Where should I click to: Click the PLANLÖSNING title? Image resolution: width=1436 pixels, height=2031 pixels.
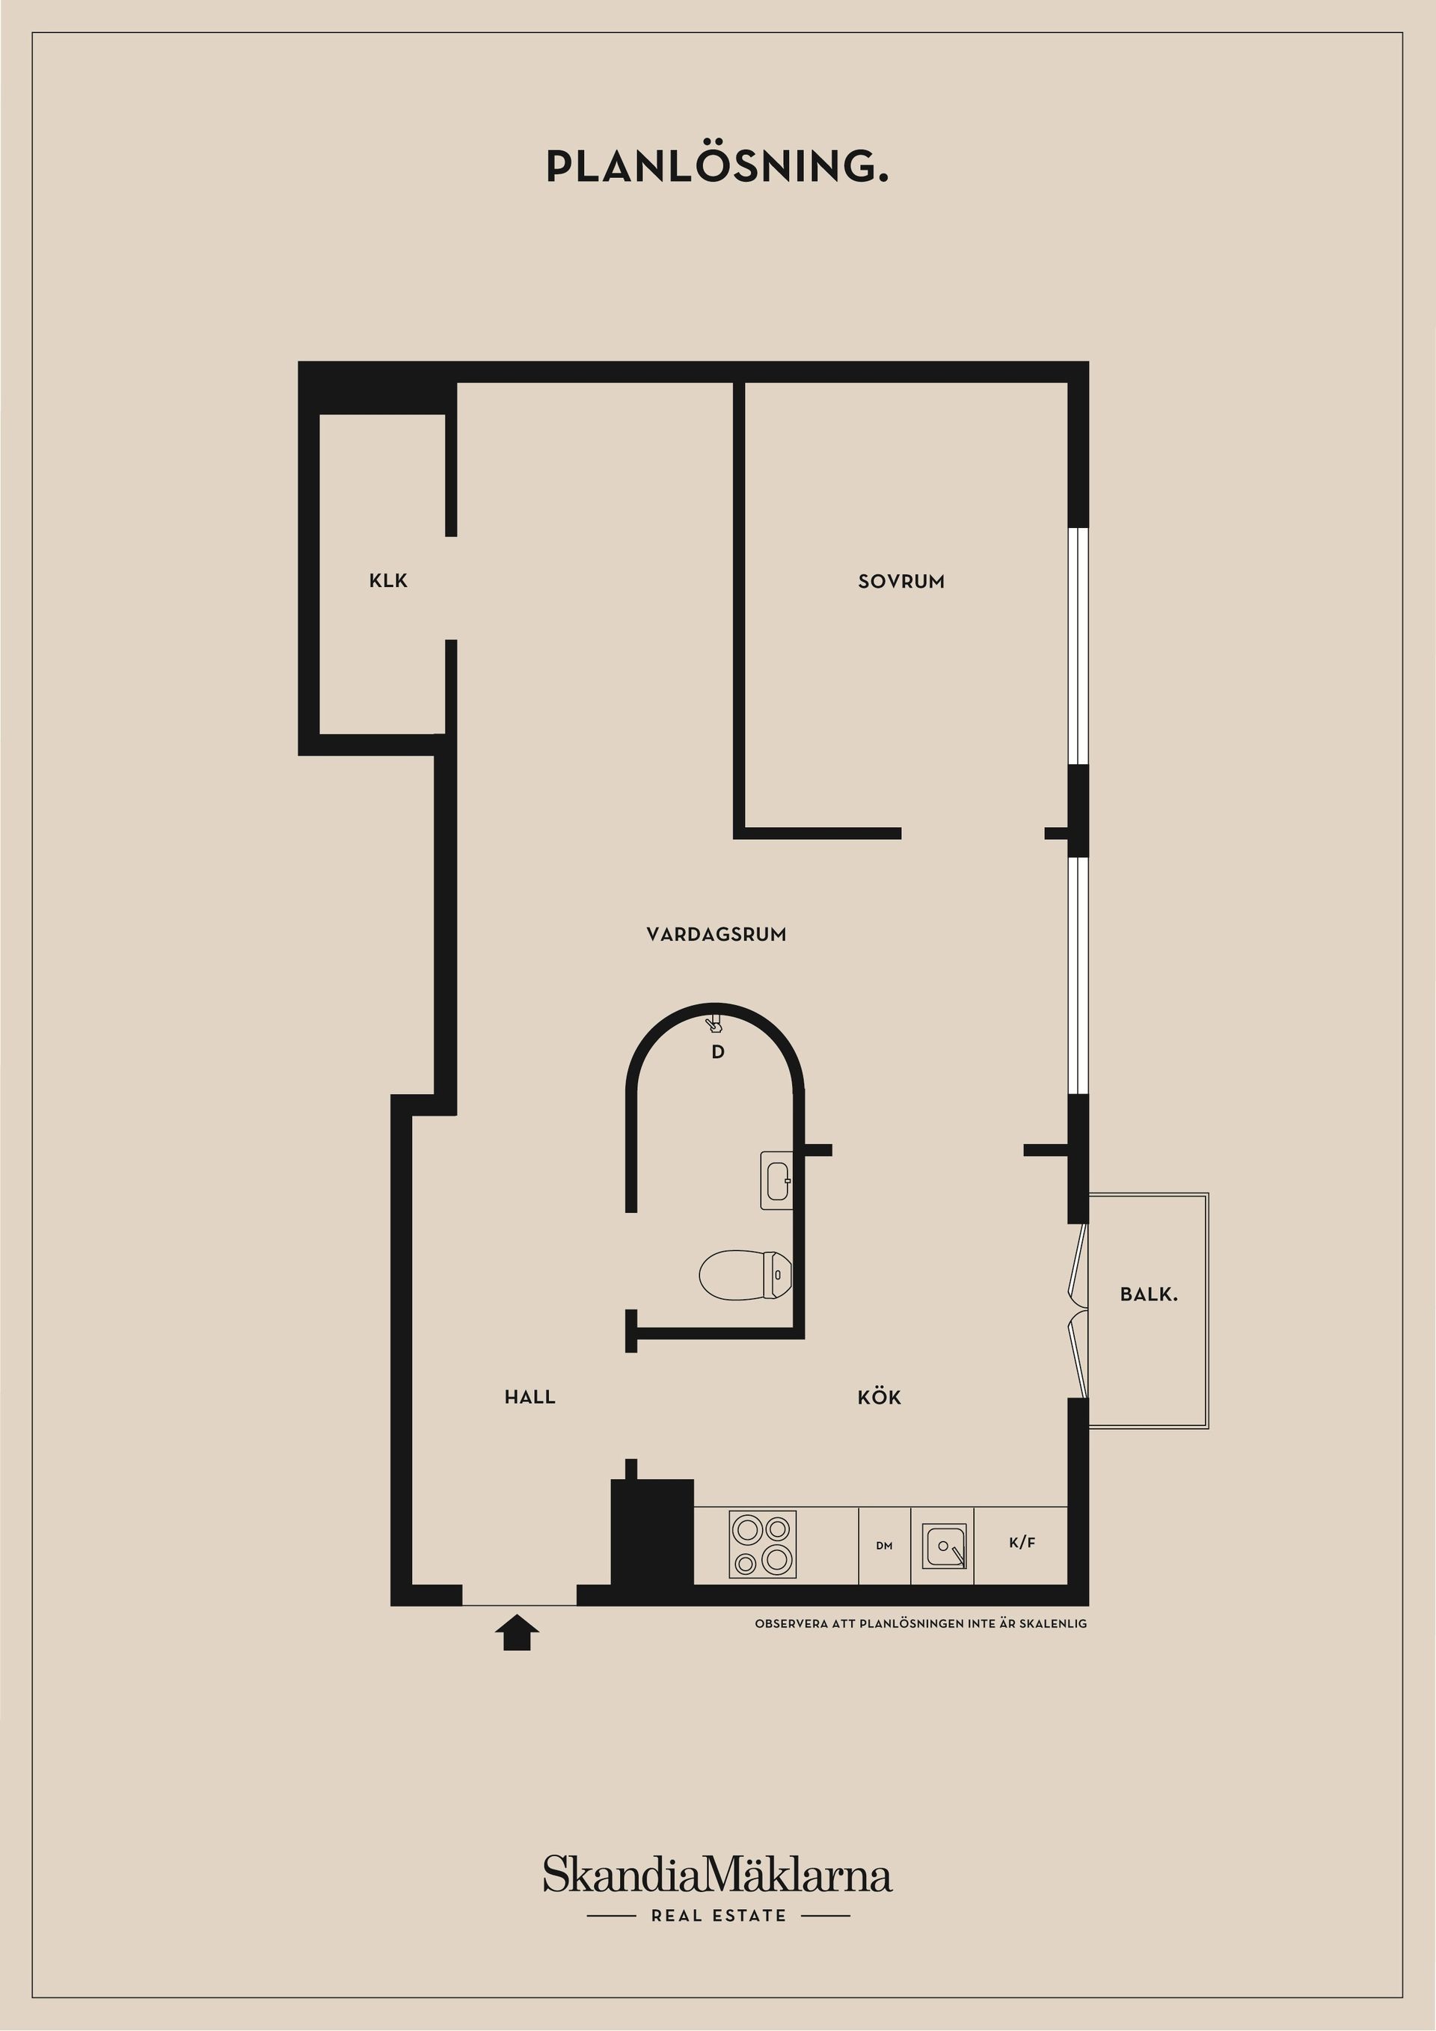(717, 166)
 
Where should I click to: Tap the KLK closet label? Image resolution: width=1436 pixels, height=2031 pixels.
(388, 581)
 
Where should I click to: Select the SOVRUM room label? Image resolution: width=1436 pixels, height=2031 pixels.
(900, 582)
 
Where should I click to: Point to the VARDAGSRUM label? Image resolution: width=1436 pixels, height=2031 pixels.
(716, 934)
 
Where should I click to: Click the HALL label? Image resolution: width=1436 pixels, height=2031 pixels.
(530, 1398)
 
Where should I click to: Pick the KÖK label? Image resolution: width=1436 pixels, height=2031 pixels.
(879, 1398)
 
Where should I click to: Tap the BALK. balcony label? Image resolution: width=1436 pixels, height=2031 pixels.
(1149, 1295)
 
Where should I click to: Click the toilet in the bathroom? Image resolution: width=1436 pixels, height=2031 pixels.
(744, 1275)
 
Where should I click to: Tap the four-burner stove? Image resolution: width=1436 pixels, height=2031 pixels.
(762, 1544)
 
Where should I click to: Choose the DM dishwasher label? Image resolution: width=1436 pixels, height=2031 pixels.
(884, 1546)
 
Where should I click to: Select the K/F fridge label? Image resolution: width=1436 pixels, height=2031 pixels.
(1022, 1543)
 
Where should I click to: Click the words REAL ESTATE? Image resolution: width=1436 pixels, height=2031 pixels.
(719, 1916)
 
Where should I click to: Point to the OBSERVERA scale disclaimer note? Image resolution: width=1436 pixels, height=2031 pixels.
(920, 1624)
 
